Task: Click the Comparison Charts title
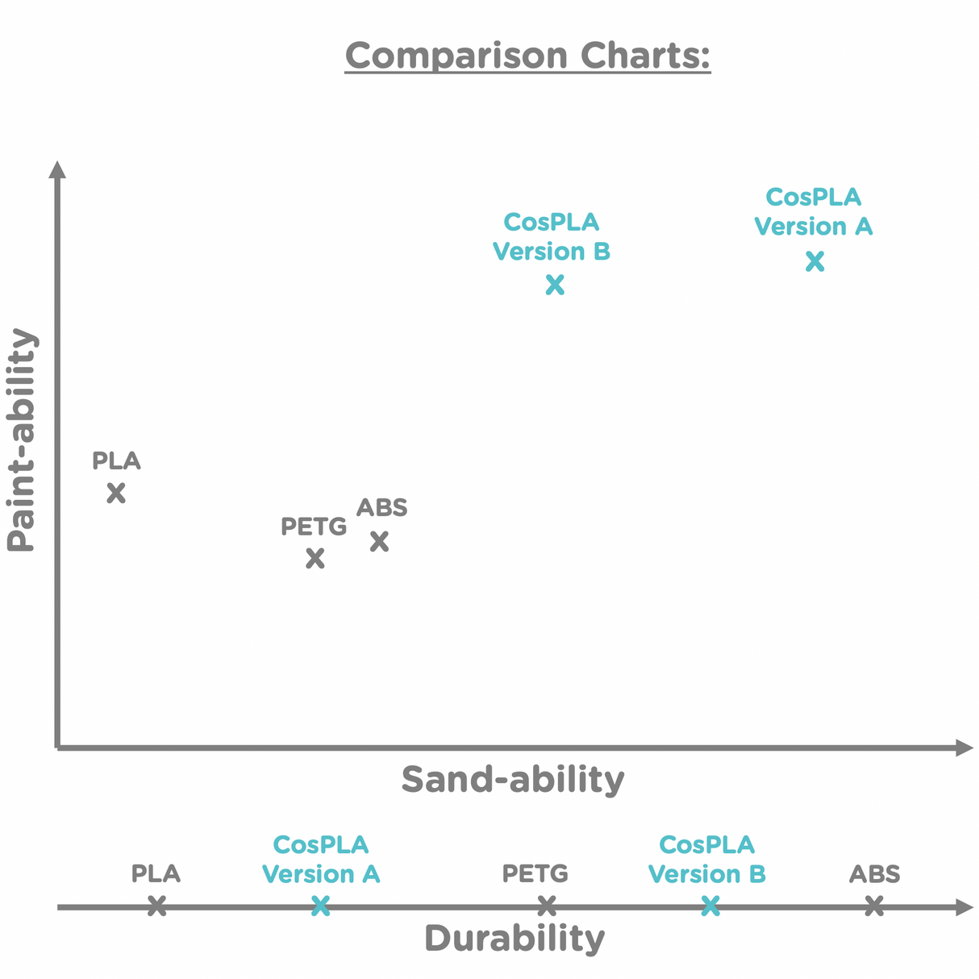[x=527, y=56]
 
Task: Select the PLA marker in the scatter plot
[x=116, y=493]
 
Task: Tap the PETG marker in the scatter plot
[x=315, y=558]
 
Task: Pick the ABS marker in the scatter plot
[x=379, y=541]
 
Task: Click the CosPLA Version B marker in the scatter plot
[x=555, y=285]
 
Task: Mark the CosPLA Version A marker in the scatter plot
[x=815, y=261]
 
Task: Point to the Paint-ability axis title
[x=22, y=440]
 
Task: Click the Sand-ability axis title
[x=513, y=780]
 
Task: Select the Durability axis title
[x=514, y=939]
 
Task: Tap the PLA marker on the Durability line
[x=157, y=906]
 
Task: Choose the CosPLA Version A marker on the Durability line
[x=320, y=906]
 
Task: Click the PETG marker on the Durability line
[x=547, y=906]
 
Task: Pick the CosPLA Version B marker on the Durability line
[x=710, y=906]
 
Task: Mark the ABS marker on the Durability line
[x=874, y=906]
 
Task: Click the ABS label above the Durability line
[x=874, y=874]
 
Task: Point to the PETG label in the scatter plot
[x=314, y=527]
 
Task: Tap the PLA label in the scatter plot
[x=116, y=461]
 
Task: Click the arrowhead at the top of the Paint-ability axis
[x=57, y=169]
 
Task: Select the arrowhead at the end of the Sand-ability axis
[x=964, y=748]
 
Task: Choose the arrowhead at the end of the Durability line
[x=964, y=907]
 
